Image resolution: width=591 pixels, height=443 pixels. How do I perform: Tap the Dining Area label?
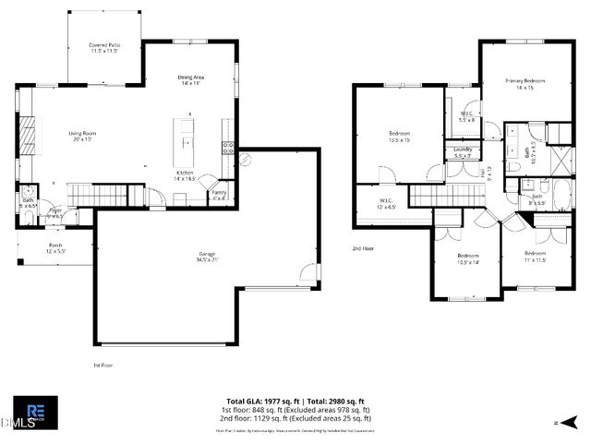(x=190, y=80)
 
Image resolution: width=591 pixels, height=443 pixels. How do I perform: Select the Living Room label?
(x=82, y=136)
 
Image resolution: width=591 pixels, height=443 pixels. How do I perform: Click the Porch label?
(x=55, y=247)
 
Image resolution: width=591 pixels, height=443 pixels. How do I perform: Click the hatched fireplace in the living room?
(x=29, y=136)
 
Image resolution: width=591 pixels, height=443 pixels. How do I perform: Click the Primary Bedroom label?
(x=525, y=84)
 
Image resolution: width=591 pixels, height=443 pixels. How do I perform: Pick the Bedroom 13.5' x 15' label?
(x=399, y=138)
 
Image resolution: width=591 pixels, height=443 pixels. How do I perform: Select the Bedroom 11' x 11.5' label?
(x=536, y=256)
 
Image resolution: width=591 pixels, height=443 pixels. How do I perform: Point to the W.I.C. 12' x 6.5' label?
(x=386, y=203)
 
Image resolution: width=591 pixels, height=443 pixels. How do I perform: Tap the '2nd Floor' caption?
(x=363, y=249)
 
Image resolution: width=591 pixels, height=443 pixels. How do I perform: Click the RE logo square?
(x=35, y=412)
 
